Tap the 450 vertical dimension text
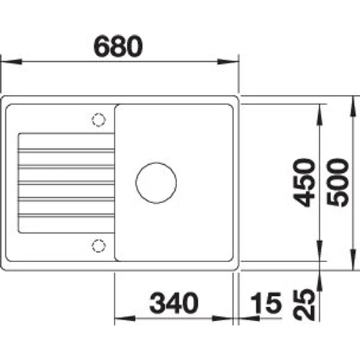click(308, 183)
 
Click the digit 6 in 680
click(105, 46)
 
